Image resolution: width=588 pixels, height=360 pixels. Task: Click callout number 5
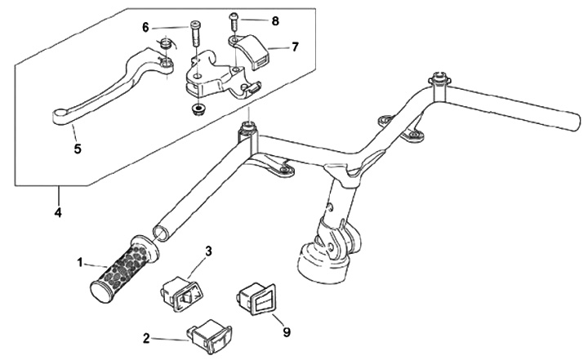(x=78, y=149)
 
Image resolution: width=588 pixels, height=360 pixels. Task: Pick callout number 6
(x=146, y=27)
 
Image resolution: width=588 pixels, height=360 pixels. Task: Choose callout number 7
(x=294, y=47)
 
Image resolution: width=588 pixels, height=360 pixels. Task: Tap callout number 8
(x=274, y=19)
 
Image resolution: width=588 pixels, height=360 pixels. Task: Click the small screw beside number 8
(x=234, y=18)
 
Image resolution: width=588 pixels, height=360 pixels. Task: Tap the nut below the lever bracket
(x=197, y=109)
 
